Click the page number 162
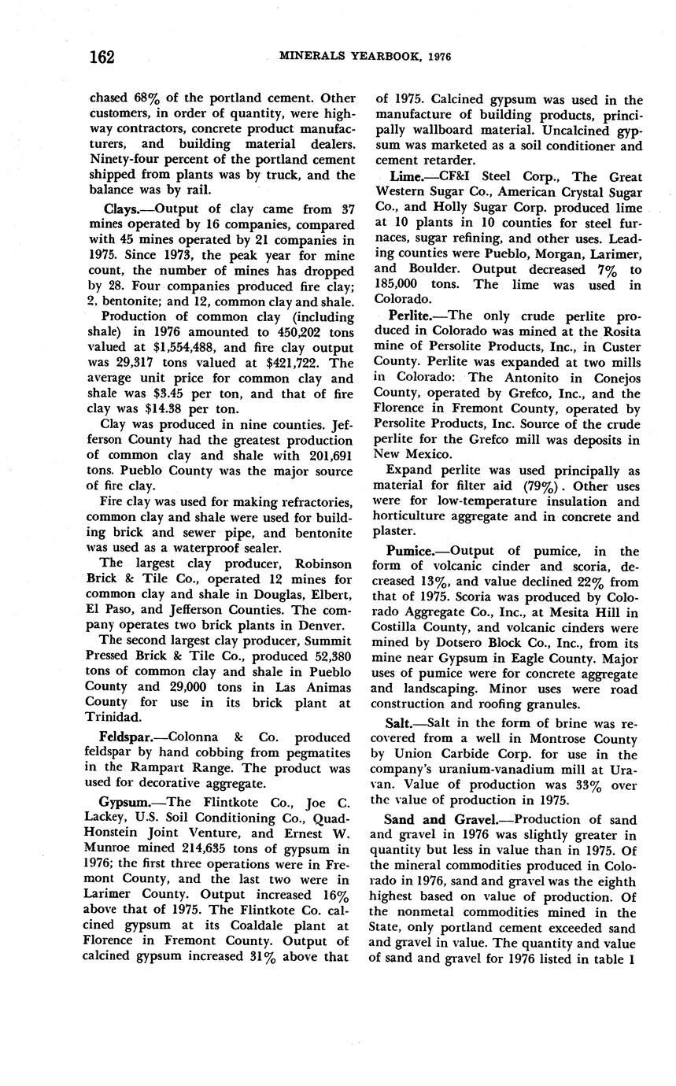click(x=101, y=57)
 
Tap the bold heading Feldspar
click(x=128, y=737)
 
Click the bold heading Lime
click(x=406, y=177)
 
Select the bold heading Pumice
click(x=414, y=552)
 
